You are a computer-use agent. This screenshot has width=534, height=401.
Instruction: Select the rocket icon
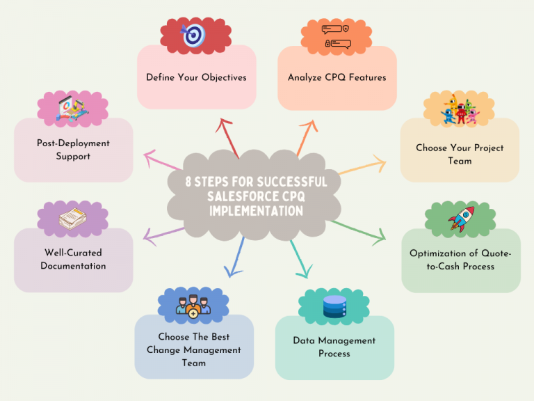(461, 219)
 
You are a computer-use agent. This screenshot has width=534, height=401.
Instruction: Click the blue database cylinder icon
(334, 306)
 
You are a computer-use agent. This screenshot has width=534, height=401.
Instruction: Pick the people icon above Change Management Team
(192, 305)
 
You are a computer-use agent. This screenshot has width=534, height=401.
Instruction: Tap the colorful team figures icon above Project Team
(460, 110)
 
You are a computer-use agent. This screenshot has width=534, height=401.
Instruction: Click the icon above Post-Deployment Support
(72, 110)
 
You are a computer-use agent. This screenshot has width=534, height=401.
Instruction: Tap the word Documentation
(73, 266)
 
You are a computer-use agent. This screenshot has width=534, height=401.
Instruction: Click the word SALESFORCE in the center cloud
(240, 196)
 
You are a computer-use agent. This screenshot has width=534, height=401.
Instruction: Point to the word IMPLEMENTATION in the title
(256, 210)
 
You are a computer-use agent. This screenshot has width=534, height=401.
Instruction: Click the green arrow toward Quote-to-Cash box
(358, 230)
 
